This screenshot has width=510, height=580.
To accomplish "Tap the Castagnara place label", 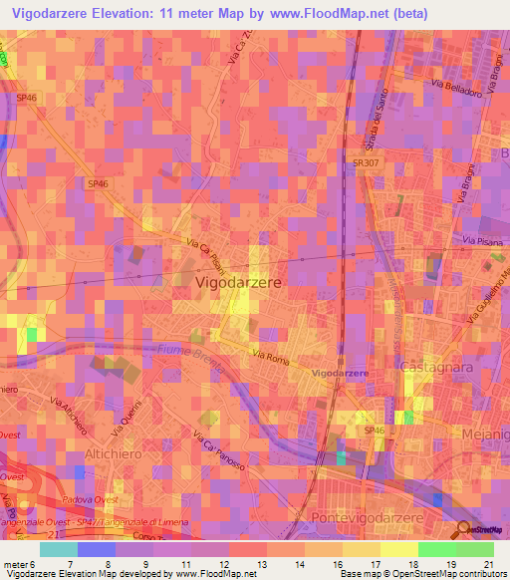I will point(434,369).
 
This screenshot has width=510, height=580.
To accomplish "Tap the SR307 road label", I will point(365,172).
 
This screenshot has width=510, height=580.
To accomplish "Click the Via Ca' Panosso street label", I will point(221,450).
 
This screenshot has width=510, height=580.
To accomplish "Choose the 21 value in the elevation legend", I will point(485,564).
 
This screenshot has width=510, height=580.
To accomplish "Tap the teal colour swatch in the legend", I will point(58,549).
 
